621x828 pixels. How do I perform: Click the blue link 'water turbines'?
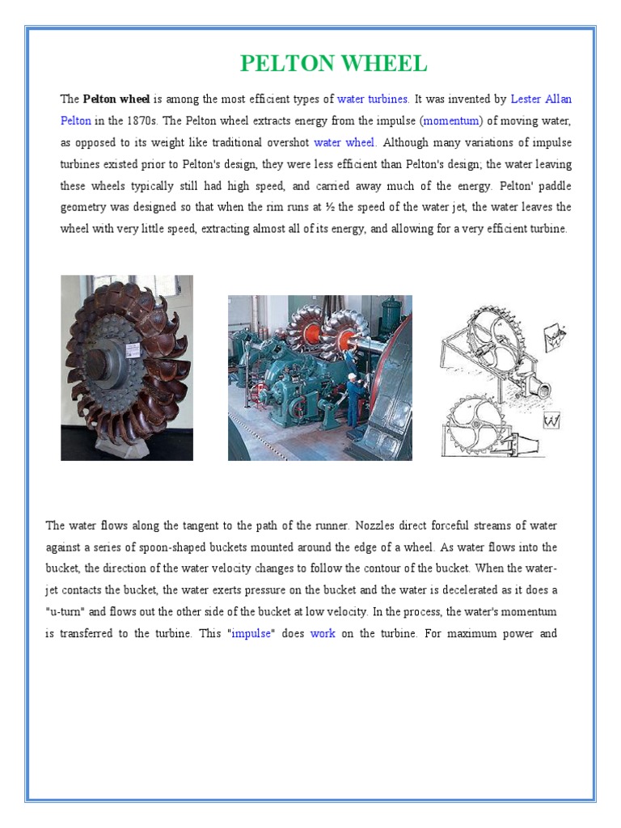pyautogui.click(x=373, y=99)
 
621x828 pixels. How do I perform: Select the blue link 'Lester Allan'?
pyautogui.click(x=541, y=99)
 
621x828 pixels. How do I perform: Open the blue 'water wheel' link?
pyautogui.click(x=344, y=143)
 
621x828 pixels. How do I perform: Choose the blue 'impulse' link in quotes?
pyautogui.click(x=251, y=634)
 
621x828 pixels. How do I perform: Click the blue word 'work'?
pyautogui.click(x=323, y=634)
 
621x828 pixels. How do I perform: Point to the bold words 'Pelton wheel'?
pyautogui.click(x=116, y=99)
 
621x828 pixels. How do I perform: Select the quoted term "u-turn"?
pyautogui.click(x=68, y=612)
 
